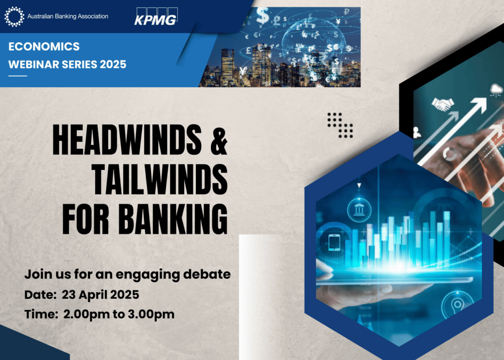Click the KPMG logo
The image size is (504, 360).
click(x=156, y=16)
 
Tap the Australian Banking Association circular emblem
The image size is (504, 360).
click(x=14, y=16)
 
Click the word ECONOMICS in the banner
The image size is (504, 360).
click(x=44, y=47)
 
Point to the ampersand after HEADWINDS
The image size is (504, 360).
click(x=219, y=140)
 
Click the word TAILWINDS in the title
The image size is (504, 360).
click(x=160, y=179)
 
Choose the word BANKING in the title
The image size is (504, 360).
click(x=173, y=219)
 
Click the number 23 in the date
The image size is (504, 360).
click(x=68, y=295)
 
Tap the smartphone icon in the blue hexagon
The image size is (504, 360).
click(x=334, y=242)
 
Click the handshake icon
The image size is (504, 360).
click(x=443, y=104)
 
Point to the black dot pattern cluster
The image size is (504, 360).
click(x=340, y=125)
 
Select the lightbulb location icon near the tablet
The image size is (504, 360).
click(x=457, y=305)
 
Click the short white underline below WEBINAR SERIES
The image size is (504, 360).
click(x=18, y=76)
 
